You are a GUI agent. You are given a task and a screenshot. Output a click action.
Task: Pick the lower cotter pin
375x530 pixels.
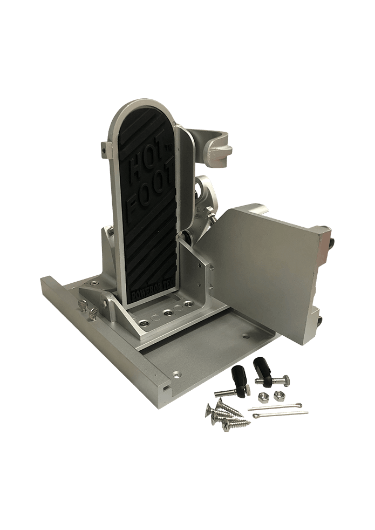tap(281, 414)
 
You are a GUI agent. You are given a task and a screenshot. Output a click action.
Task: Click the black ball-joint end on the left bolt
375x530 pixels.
tap(237, 376)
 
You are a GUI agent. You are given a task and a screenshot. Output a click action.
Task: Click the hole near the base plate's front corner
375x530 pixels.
tap(176, 373)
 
